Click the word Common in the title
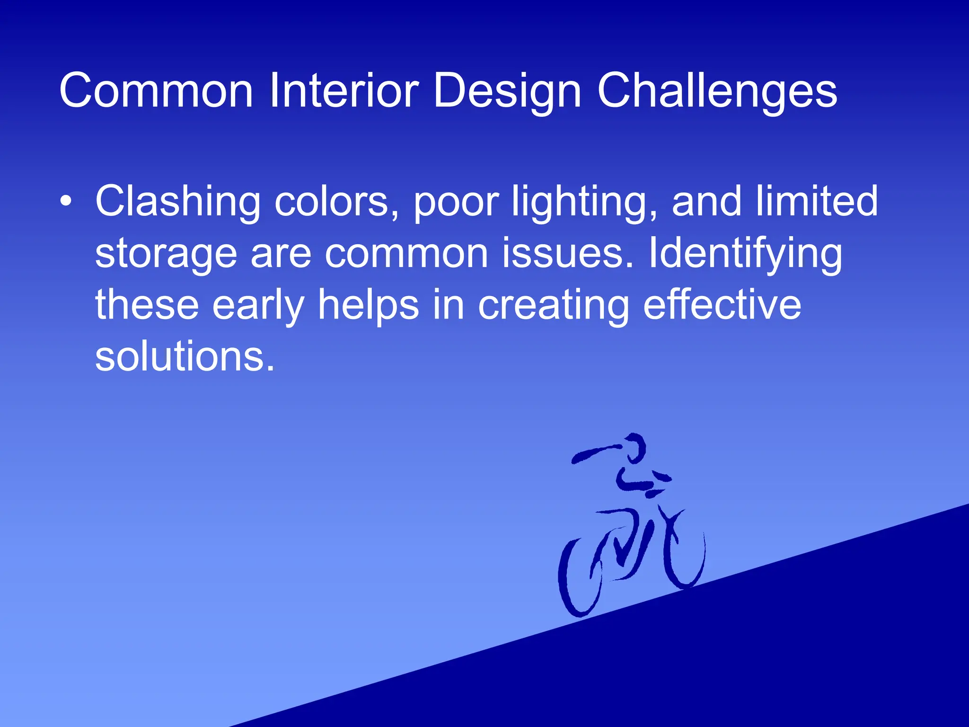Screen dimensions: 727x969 156,91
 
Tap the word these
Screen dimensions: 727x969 147,305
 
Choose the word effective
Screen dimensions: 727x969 722,305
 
